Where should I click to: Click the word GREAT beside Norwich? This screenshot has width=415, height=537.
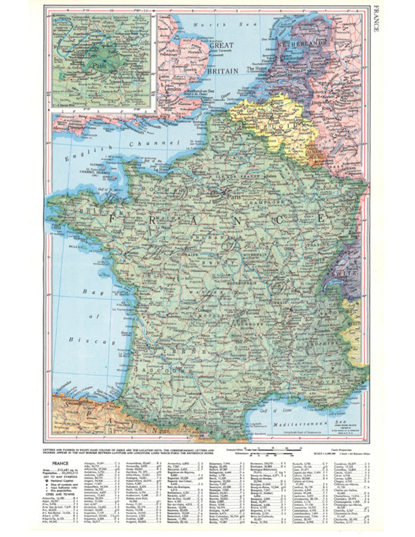pos(221,45)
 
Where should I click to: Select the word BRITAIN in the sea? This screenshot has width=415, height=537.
pos(222,71)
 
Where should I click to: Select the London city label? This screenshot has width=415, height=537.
pos(172,88)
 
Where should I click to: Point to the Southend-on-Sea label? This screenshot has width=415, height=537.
pos(200,91)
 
